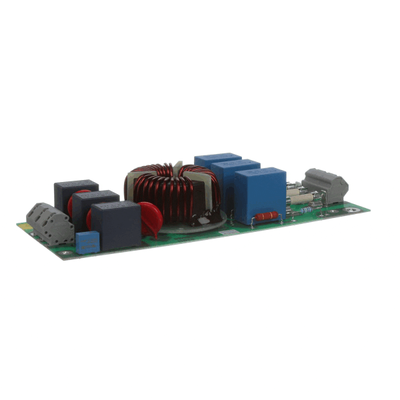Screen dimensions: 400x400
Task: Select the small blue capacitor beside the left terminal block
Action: pos(87,242)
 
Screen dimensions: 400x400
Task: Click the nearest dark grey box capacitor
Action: pos(115,225)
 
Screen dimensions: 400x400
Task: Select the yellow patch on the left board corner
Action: pos(25,227)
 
